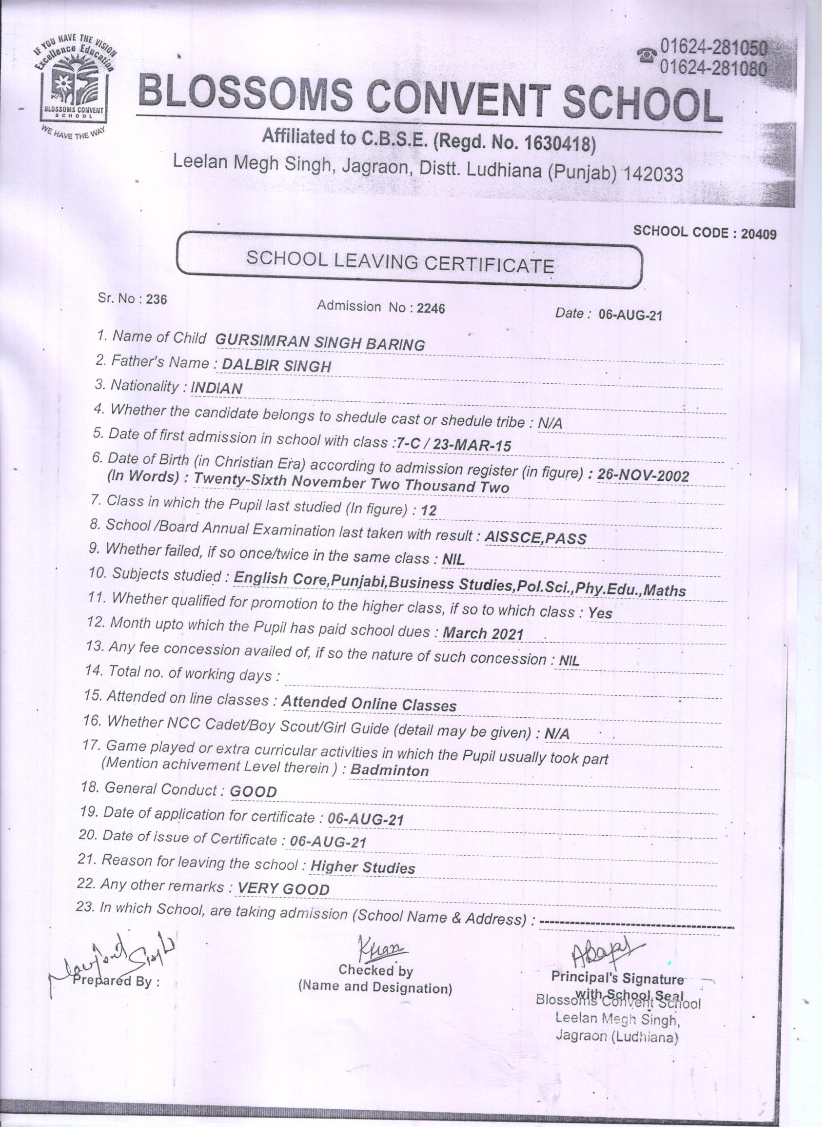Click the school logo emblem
[x=74, y=85]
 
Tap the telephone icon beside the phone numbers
[x=647, y=55]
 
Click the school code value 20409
[x=759, y=234]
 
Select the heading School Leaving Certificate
[x=400, y=261]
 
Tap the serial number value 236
[x=157, y=299]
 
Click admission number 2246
[x=431, y=308]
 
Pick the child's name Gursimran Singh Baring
[x=320, y=343]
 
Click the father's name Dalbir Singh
[x=276, y=365]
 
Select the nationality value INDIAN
[x=216, y=388]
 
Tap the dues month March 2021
[x=483, y=633]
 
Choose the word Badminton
[x=389, y=770]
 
